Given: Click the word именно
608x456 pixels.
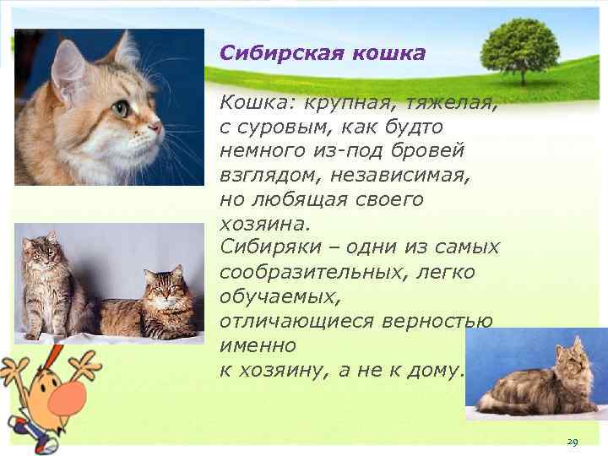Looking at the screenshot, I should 257,345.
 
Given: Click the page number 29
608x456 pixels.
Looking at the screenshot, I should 572,442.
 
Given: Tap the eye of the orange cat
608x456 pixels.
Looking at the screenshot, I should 123,107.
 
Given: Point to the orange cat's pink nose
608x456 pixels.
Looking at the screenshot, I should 156,128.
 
